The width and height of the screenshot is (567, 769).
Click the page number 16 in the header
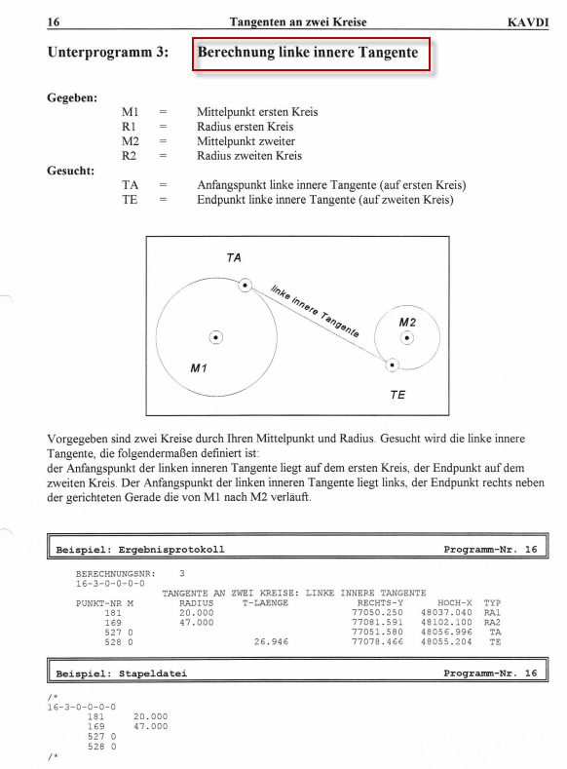(x=54, y=22)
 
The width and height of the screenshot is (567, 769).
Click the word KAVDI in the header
(x=528, y=22)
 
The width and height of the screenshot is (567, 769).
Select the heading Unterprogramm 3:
(x=108, y=52)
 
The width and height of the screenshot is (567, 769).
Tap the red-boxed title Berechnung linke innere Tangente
(x=308, y=52)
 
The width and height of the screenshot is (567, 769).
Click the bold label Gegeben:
(x=72, y=97)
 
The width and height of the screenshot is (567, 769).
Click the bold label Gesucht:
(x=70, y=171)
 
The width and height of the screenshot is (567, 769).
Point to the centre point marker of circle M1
(x=215, y=337)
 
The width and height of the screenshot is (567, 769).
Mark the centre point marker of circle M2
(x=407, y=338)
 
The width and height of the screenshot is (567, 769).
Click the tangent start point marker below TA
(x=246, y=286)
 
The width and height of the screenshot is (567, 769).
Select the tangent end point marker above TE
(x=392, y=365)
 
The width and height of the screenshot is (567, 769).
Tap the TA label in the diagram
(x=234, y=258)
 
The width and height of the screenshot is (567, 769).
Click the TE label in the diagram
(x=397, y=395)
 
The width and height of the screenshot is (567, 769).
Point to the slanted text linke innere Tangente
(x=315, y=312)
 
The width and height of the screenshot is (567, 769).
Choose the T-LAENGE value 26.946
(x=271, y=641)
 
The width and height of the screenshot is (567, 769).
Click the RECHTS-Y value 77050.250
(x=377, y=612)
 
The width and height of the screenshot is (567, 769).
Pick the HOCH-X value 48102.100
(x=446, y=623)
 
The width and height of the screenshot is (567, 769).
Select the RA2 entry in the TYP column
(x=493, y=623)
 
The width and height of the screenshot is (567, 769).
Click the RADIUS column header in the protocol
(x=197, y=602)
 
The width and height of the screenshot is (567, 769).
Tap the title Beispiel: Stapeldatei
(x=122, y=673)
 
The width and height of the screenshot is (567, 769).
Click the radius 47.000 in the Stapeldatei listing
(x=150, y=726)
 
